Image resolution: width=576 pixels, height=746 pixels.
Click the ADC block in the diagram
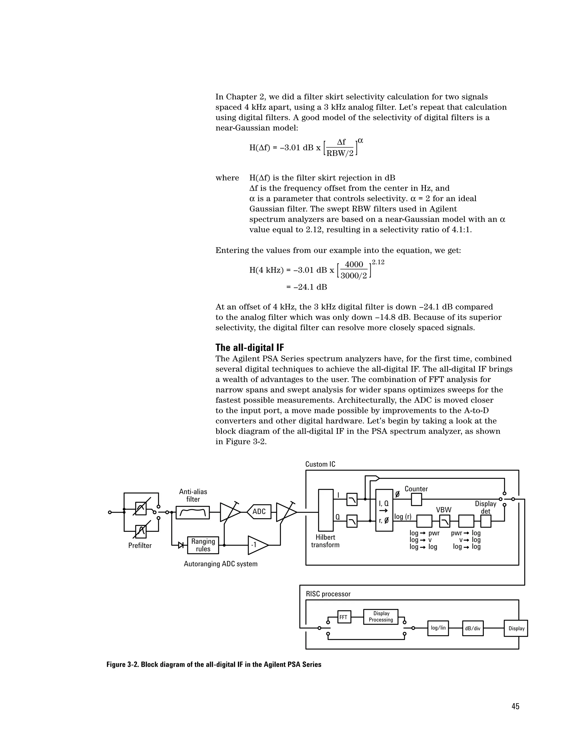coord(259,511)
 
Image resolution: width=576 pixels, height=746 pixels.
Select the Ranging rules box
coord(203,545)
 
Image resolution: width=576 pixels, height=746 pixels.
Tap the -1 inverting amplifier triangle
coord(256,545)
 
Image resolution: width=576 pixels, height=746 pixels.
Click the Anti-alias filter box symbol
coord(193,512)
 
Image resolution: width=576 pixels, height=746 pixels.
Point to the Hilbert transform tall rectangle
coord(325,510)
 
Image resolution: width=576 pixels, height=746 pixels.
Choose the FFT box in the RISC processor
coord(344,617)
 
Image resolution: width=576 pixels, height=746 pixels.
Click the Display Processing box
coord(381,617)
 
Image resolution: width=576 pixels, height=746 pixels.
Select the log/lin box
coord(438,628)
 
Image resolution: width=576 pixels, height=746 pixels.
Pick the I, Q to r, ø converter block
coord(384,510)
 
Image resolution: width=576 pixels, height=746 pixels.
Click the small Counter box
coord(416,499)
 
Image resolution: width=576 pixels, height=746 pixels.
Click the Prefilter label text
coord(140,546)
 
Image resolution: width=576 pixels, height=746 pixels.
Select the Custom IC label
coord(320,464)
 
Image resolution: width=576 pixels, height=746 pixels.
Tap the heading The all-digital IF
coord(250,348)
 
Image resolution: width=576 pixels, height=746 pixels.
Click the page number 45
coord(515,706)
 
